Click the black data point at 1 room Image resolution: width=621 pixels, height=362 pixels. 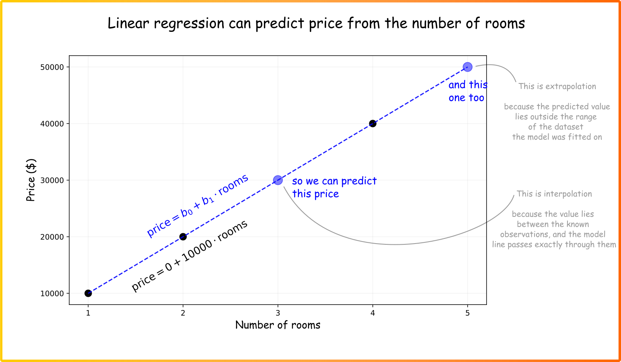coord(88,293)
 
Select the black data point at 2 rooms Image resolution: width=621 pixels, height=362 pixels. coord(183,236)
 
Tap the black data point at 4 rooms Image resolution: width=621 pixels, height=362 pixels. coord(372,124)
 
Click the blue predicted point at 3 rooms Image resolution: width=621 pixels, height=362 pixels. coord(278,180)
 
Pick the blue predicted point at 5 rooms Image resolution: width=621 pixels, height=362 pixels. coord(467,67)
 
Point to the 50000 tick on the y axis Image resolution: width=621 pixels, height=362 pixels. coord(52,67)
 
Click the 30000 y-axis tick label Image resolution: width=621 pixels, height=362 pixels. coord(52,181)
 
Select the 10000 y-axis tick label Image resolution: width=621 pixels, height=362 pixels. coord(52,294)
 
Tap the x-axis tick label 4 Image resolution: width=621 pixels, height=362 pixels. coord(372,313)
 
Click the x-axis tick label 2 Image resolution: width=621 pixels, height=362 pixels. coord(183,313)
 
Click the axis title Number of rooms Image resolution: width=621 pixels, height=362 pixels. coord(278,325)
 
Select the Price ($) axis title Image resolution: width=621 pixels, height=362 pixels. coord(31,180)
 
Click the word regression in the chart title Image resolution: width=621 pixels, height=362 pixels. coord(189,24)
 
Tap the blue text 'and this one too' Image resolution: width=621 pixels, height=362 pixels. coord(468,91)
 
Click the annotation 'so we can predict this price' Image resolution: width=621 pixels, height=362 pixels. coord(334,187)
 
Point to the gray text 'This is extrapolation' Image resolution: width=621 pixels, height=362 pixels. coord(557,87)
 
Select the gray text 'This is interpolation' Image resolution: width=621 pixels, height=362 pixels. coord(554,194)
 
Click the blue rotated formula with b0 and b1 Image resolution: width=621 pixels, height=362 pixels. coord(197,205)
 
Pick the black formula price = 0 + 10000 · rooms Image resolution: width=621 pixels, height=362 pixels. coord(190,256)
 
